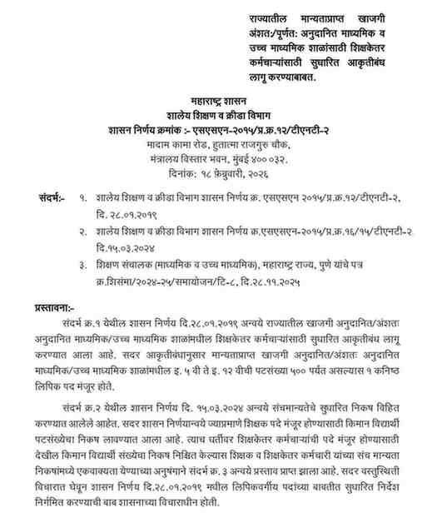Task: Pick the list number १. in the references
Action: click(82, 200)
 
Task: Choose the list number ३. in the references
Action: click(82, 265)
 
